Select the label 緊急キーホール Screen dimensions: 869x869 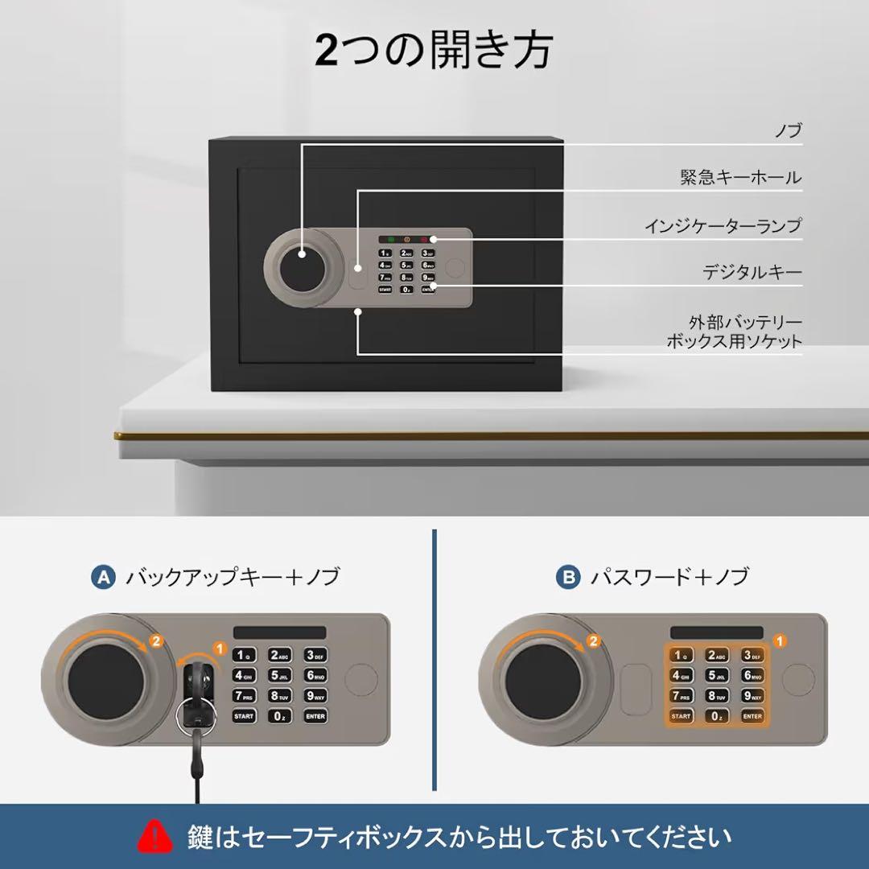click(740, 177)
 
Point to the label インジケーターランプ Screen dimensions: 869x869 click(723, 226)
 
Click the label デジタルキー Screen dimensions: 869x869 click(752, 273)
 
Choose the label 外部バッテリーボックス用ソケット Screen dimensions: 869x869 click(734, 332)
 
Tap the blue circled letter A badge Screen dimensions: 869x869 click(103, 577)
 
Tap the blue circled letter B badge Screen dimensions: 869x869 click(567, 577)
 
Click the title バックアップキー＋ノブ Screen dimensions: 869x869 click(232, 577)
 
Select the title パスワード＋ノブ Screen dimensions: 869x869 click(669, 577)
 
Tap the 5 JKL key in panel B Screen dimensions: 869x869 click(716, 676)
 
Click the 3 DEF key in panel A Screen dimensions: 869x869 click(315, 656)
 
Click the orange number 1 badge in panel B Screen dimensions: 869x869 click(778, 641)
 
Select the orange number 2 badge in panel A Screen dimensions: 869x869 click(157, 641)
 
